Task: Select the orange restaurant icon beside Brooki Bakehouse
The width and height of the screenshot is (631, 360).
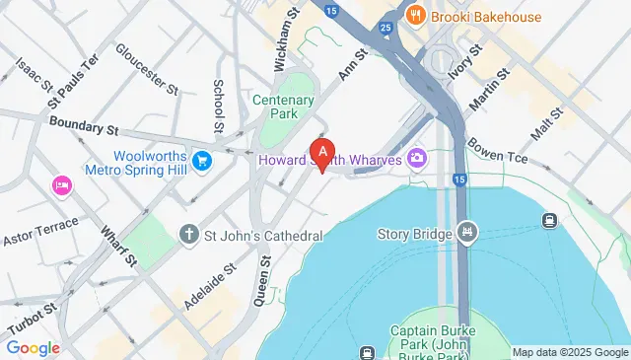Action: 417,15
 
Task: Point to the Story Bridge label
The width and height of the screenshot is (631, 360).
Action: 414,235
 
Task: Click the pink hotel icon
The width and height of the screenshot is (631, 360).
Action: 61,185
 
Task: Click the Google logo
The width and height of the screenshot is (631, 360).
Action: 34,347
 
